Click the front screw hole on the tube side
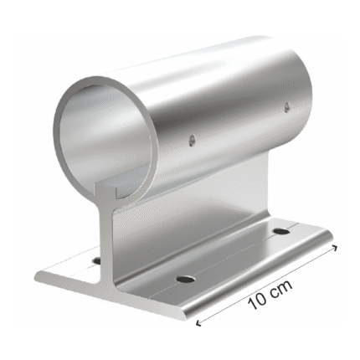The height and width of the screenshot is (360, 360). coord(191,141)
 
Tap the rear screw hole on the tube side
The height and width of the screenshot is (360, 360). coord(286,108)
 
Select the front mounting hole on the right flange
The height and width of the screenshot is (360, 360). coord(186,279)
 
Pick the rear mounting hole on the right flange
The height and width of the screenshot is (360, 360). coord(282,231)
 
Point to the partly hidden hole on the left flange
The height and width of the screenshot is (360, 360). coord(96,261)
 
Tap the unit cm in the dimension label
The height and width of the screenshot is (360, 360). coord(280,288)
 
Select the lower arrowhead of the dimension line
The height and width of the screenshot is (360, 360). coord(198,323)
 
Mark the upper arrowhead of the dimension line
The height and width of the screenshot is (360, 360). coord(335,247)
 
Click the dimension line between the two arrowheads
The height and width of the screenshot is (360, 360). coord(266,285)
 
